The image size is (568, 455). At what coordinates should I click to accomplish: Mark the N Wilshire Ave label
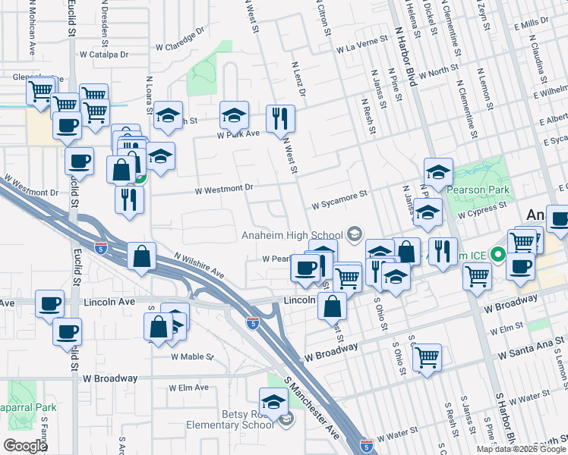click(x=199, y=265)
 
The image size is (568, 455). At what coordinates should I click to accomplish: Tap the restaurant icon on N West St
click(x=279, y=118)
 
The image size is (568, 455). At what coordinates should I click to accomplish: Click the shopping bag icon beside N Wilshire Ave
click(x=142, y=256)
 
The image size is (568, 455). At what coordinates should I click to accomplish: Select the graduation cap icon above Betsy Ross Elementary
click(x=273, y=400)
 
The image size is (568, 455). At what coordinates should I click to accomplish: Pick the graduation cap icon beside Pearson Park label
click(x=438, y=172)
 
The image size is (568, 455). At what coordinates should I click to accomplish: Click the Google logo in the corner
click(x=24, y=446)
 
